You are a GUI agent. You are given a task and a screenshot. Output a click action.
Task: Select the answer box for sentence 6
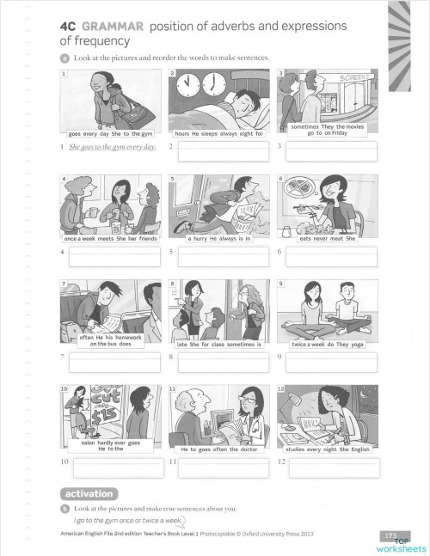pos(331,254)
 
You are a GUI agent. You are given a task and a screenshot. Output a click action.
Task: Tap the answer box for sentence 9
pos(331,358)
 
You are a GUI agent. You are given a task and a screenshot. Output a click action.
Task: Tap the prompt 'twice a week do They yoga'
pos(328,344)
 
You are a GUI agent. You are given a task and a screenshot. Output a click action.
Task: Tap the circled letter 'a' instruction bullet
pos(64,58)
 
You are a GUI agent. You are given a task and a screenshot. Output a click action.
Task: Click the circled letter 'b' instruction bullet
pos(64,509)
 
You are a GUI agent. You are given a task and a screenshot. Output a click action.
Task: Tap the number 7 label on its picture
pos(64,284)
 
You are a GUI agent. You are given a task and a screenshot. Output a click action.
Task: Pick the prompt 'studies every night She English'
pos(327,449)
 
